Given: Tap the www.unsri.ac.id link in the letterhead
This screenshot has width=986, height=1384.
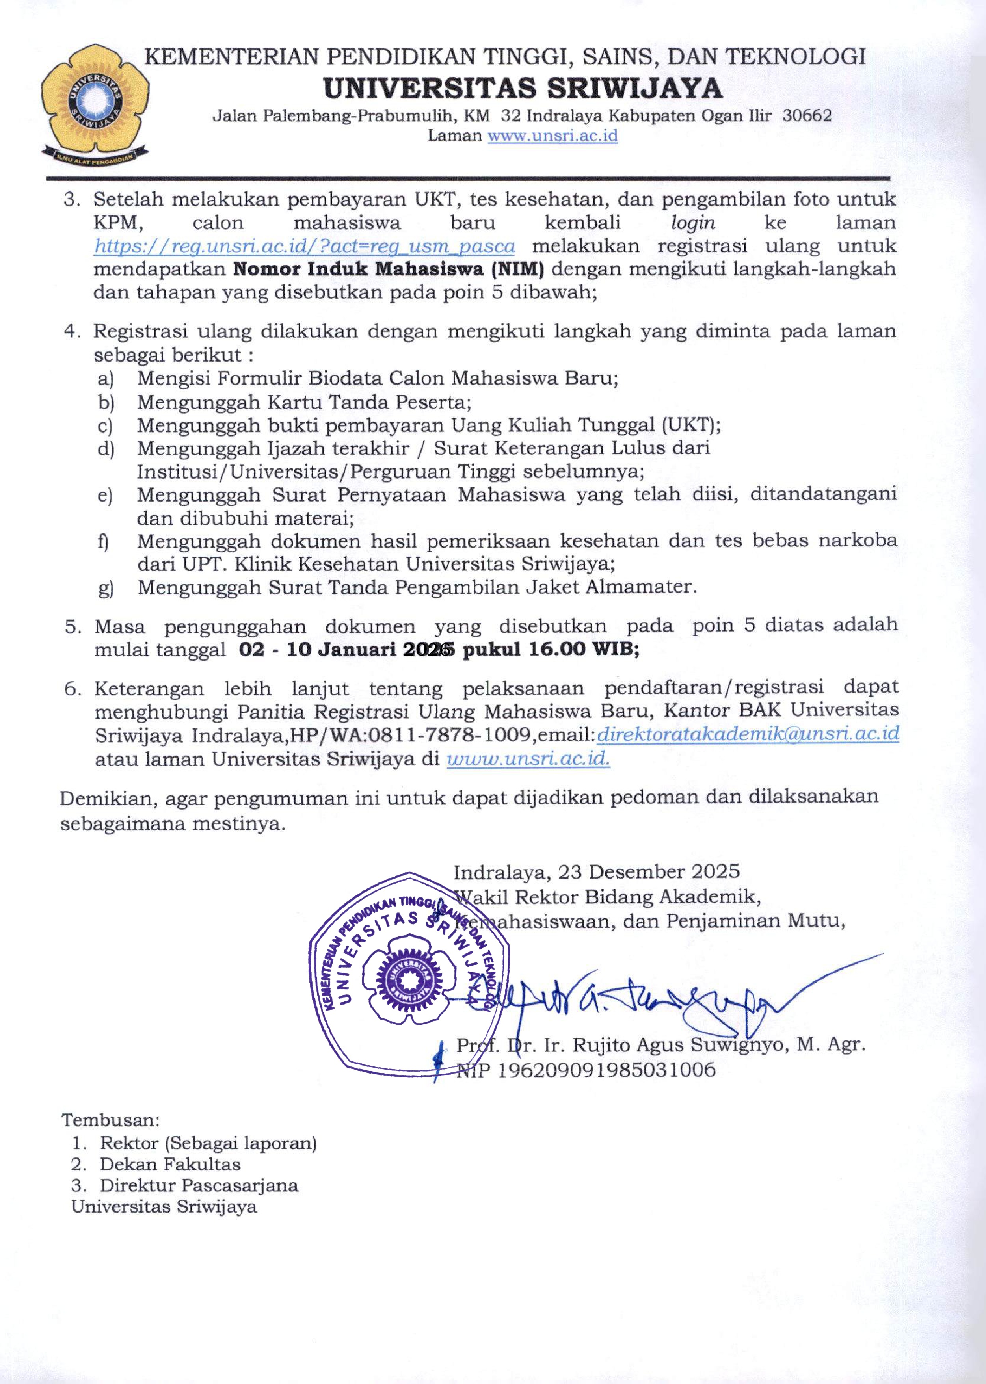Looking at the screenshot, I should coord(553,136).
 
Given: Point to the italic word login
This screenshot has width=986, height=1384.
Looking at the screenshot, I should coord(693,223).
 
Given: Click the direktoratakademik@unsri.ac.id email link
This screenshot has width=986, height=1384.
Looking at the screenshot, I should coord(748,734).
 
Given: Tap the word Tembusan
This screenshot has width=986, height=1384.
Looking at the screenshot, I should coord(110,1119).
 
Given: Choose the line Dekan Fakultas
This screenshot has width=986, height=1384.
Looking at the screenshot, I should coord(170,1164).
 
